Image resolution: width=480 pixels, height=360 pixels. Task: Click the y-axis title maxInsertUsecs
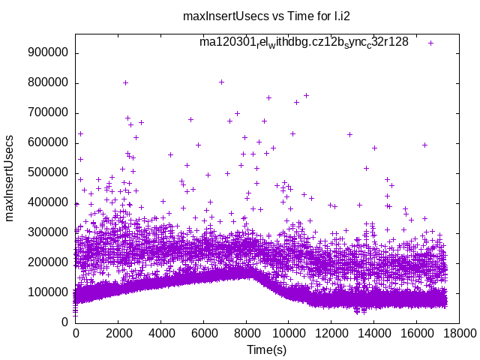point(10,178)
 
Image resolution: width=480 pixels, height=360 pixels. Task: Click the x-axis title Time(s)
point(266,349)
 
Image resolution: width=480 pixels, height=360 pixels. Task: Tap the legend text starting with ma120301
point(304,42)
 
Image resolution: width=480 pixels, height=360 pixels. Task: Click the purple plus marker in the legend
point(430,43)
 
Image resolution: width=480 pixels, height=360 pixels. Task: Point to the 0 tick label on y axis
point(65,322)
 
